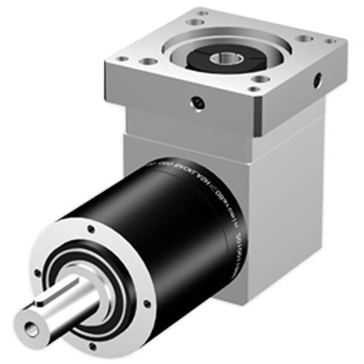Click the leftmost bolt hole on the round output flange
click(x=38, y=273)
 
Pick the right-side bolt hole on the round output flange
click(x=146, y=304)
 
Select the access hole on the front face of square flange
click(x=198, y=102)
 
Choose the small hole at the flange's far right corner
click(x=331, y=41)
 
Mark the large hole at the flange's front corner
click(x=261, y=79)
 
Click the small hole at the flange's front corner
click(x=253, y=89)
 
